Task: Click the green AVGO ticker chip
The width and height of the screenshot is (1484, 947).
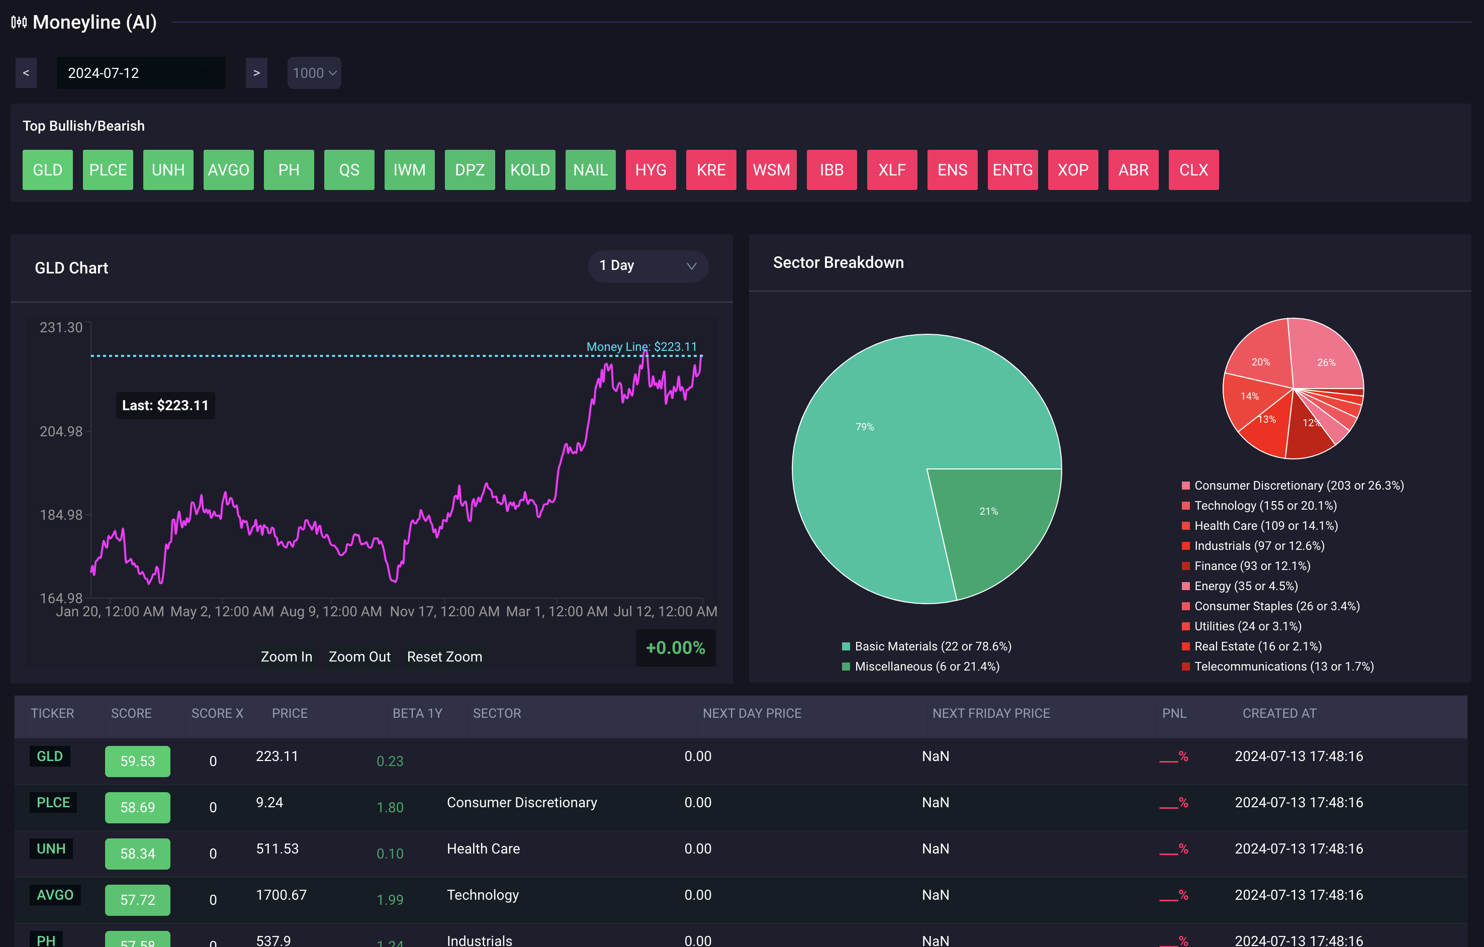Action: [228, 170]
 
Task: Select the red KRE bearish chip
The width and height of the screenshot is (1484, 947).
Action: [710, 170]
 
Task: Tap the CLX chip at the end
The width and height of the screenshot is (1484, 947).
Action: [1193, 170]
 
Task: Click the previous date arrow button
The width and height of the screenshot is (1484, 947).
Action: [26, 73]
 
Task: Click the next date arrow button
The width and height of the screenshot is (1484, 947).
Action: [256, 73]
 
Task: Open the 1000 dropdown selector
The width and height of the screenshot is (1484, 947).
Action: [314, 73]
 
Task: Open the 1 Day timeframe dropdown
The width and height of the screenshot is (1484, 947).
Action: [647, 265]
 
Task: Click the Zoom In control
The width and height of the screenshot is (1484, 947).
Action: [286, 657]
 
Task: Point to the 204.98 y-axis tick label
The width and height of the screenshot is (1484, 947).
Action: [61, 431]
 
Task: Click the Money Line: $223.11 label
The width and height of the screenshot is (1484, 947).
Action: [641, 347]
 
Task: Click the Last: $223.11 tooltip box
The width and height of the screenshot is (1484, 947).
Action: [165, 406]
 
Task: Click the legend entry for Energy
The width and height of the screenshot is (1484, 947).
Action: [1245, 586]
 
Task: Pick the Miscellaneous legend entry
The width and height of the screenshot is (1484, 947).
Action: [926, 667]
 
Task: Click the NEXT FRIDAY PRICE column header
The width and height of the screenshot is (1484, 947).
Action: [990, 713]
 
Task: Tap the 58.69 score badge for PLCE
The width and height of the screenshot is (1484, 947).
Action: [137, 807]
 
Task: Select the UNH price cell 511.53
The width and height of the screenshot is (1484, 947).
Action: [277, 848]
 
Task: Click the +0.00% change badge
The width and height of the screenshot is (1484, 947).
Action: [675, 647]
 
